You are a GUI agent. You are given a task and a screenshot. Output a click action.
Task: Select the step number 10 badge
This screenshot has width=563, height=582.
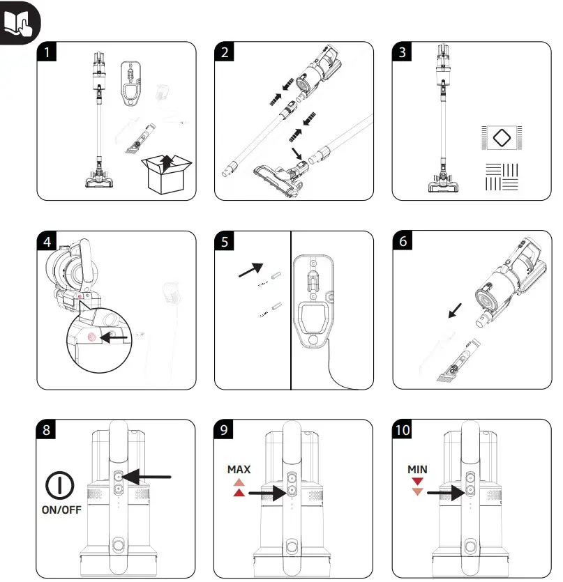click(x=403, y=430)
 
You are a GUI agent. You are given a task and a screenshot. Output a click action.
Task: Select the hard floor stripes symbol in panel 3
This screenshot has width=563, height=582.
click(x=501, y=176)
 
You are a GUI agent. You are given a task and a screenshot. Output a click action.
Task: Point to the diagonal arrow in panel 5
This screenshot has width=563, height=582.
click(x=252, y=270)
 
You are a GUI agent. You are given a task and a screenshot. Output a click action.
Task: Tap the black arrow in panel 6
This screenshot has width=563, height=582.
click(x=455, y=308)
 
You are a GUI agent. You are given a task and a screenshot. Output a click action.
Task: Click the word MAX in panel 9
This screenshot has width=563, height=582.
click(x=239, y=470)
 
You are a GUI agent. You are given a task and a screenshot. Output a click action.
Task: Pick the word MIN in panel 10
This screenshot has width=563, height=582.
click(x=417, y=470)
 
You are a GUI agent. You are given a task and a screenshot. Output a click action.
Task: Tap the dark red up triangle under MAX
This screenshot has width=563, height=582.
click(x=239, y=493)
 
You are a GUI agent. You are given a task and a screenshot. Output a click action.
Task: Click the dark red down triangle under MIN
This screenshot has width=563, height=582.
click(x=417, y=482)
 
